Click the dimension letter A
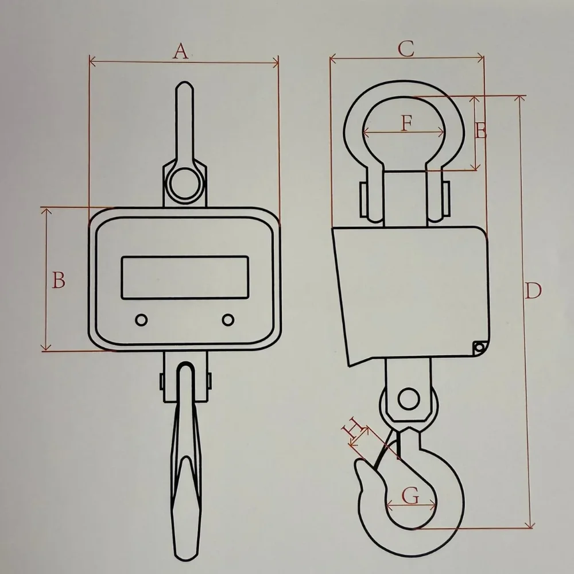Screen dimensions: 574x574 click(180, 51)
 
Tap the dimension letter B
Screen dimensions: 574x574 click(59, 280)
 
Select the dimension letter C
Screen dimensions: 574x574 click(406, 49)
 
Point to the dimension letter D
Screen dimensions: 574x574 click(533, 290)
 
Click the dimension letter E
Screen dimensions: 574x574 click(481, 131)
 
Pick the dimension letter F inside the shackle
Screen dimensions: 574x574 click(406, 123)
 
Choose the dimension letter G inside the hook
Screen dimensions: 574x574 click(410, 496)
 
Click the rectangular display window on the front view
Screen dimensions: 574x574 click(185, 277)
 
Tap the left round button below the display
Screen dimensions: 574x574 click(141, 320)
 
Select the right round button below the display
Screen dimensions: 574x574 click(228, 320)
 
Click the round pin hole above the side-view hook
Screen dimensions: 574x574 click(409, 399)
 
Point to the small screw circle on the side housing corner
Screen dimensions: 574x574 click(479, 347)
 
